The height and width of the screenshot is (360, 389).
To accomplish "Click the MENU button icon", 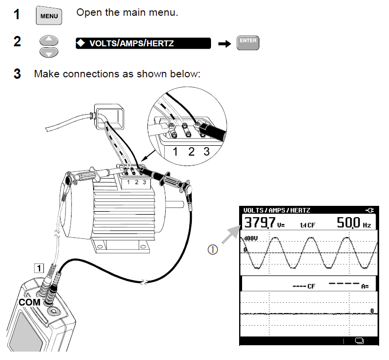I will (48, 16).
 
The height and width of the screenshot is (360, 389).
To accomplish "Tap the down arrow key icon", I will (48, 52).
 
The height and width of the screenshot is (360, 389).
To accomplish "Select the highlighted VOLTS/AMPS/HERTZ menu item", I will (143, 43).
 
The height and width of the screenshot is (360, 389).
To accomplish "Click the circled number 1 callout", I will (212, 250).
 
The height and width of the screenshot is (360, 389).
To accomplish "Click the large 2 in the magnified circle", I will (191, 152).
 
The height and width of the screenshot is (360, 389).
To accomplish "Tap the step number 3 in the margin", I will (17, 74).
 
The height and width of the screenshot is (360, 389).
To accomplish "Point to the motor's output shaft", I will (170, 202).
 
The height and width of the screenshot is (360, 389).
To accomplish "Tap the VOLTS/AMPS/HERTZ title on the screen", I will (277, 210).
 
